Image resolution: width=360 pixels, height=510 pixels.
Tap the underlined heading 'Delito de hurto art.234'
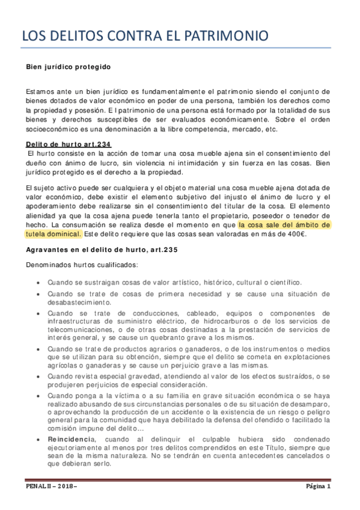pyautogui.click(x=68, y=144)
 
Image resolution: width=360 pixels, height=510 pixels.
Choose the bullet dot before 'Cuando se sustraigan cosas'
pyautogui.click(x=38, y=283)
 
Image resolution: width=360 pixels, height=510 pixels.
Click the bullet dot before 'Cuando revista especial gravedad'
pyautogui.click(x=38, y=376)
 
